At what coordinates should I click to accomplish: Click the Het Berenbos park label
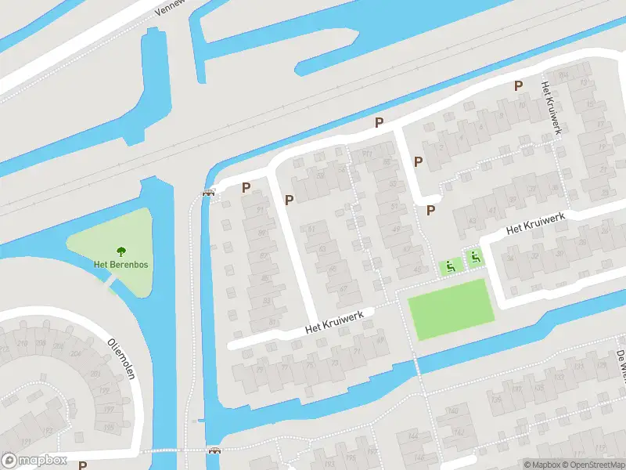[121, 264]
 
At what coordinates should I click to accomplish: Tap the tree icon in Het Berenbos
[121, 251]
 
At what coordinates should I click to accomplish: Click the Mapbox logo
[34, 461]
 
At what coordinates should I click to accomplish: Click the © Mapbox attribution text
[543, 465]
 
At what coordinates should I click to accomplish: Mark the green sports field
[452, 310]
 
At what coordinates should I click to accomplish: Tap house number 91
[259, 210]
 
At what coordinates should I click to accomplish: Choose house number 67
[343, 288]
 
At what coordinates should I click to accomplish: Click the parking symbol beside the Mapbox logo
[82, 465]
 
